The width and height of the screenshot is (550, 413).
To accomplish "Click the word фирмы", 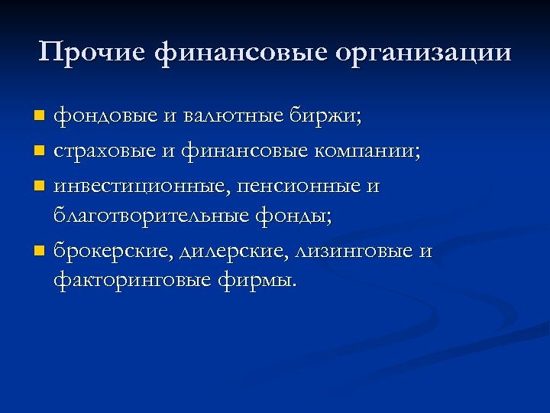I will point(256,281).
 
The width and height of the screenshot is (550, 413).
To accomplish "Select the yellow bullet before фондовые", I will point(40,116).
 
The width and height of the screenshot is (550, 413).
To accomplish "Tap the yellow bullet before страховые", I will point(40,151).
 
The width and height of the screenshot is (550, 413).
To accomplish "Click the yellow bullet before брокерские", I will point(40,251).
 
